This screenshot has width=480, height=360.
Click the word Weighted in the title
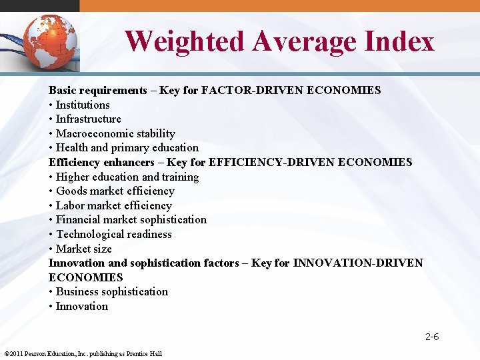pyautogui.click(x=185, y=41)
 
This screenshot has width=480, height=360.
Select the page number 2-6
pyautogui.click(x=432, y=337)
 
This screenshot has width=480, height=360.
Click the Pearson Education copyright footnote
pyautogui.click(x=83, y=353)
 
